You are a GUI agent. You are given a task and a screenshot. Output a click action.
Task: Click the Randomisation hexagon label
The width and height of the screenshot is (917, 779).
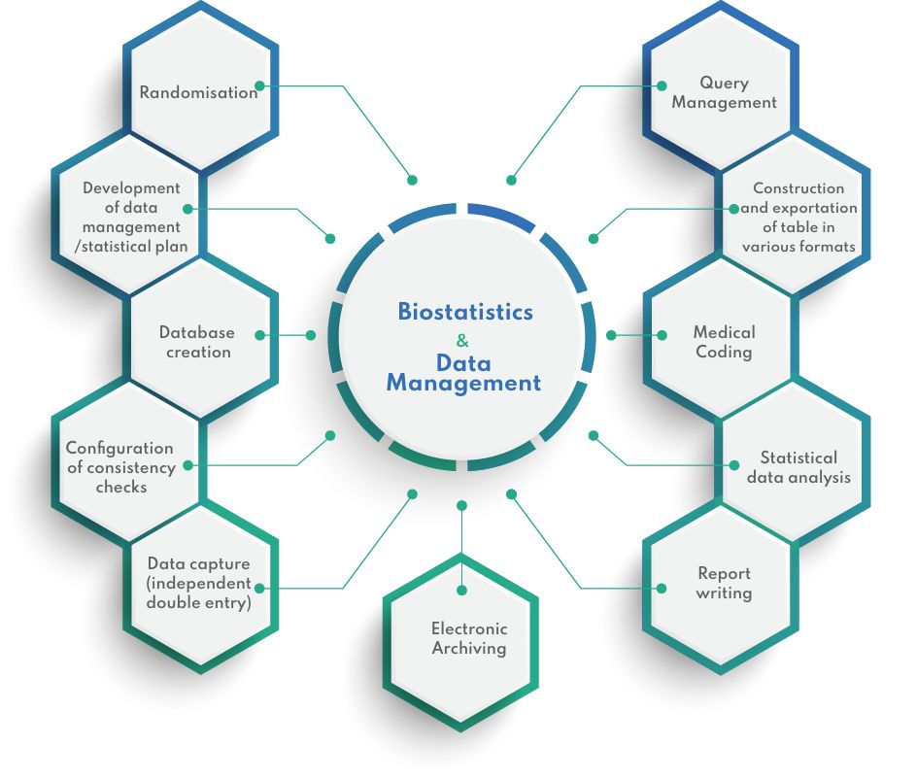click(198, 93)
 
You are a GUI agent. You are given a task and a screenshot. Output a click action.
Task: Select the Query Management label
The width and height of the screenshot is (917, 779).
click(724, 92)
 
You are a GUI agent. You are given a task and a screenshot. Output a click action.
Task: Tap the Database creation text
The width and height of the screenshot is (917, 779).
click(197, 342)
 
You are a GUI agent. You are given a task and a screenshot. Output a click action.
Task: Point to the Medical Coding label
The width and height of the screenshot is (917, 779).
click(724, 342)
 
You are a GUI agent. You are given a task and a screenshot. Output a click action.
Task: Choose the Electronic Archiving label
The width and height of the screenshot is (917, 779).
click(469, 638)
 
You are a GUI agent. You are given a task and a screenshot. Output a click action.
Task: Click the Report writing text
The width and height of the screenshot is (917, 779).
click(724, 583)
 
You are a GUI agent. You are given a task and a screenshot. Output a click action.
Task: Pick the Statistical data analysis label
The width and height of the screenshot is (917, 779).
click(798, 467)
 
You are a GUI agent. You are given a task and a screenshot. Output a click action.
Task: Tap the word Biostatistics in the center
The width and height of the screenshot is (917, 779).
click(465, 312)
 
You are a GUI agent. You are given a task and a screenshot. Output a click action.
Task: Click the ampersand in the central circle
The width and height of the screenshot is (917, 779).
click(461, 340)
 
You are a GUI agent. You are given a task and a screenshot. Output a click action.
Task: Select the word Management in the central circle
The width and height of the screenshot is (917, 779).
click(463, 384)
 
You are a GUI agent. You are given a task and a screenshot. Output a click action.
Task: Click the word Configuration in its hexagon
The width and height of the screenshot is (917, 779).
click(119, 448)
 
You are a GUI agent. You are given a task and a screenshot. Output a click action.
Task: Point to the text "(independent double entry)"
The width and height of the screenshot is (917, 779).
click(199, 593)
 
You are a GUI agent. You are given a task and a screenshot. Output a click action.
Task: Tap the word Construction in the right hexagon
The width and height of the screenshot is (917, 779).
click(798, 188)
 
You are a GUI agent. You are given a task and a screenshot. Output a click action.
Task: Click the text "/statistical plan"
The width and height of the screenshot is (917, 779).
click(131, 247)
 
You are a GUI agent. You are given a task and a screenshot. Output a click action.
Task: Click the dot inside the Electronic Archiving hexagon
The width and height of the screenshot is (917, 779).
click(462, 589)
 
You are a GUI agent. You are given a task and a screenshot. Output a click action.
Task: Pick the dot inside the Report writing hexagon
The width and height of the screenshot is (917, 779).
click(662, 588)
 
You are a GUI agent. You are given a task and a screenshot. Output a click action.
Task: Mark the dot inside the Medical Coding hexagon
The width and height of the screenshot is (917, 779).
click(662, 335)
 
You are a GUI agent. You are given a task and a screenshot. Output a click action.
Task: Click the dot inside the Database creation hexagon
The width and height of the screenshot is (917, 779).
click(260, 335)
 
